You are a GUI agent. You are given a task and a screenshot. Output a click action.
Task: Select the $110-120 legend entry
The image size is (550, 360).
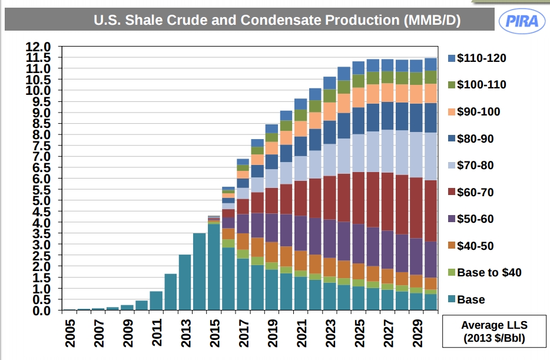point(481,58)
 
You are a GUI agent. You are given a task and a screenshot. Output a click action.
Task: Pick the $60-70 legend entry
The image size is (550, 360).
point(475,193)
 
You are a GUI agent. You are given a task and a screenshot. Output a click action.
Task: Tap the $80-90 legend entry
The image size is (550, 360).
point(475,139)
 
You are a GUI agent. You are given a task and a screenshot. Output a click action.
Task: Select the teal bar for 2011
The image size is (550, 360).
point(156,300)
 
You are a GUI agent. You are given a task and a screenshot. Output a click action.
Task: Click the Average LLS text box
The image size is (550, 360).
point(494,331)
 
